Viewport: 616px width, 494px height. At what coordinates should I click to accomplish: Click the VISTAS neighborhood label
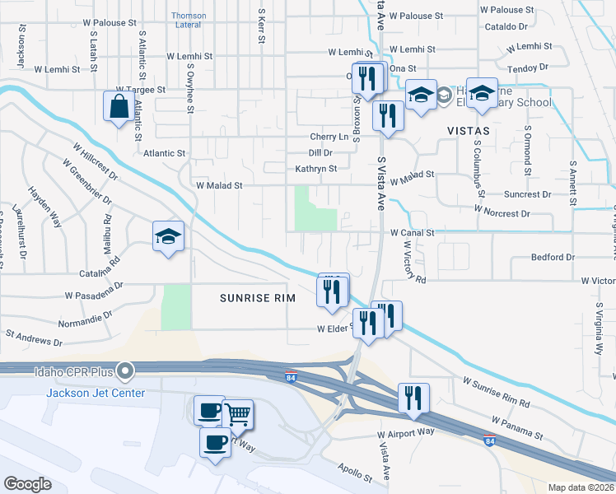[468, 131]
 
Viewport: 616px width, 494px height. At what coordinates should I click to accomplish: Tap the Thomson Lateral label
[189, 20]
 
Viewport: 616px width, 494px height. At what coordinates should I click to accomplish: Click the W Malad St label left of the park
[219, 186]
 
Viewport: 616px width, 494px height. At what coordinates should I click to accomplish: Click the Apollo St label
[354, 471]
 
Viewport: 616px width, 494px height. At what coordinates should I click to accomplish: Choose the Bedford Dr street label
[553, 258]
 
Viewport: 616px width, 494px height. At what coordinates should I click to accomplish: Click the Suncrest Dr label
[530, 195]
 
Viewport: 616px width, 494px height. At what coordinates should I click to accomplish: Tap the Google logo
[28, 483]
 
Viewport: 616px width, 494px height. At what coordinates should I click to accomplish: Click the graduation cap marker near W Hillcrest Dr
[168, 236]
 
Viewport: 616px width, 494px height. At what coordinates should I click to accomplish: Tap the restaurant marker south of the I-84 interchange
[413, 397]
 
